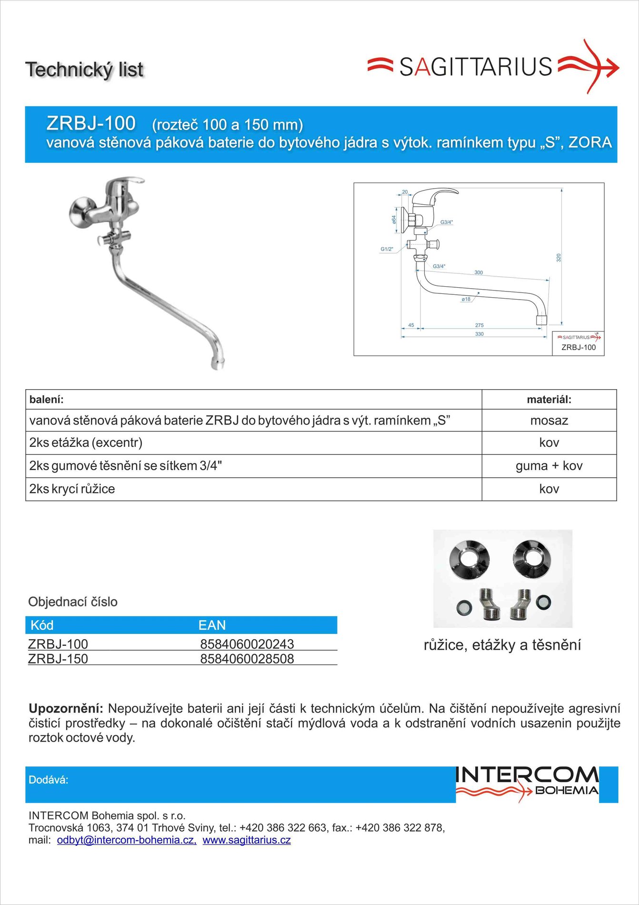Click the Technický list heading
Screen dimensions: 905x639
point(84,70)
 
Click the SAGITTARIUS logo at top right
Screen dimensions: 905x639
point(493,67)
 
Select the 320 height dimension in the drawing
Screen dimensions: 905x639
point(559,258)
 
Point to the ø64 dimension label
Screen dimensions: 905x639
point(394,220)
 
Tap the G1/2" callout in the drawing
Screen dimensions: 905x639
point(387,249)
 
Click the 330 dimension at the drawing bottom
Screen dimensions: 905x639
point(479,334)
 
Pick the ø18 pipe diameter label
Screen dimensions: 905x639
point(466,299)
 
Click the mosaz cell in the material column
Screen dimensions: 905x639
point(549,421)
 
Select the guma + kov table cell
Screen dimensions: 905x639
point(549,466)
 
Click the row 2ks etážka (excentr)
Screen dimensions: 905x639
point(86,443)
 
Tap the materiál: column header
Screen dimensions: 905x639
point(549,400)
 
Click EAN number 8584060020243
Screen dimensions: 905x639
point(247,644)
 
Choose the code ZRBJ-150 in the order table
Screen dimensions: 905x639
point(58,659)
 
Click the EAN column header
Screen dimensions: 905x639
point(212,625)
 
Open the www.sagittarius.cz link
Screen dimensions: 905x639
point(247,840)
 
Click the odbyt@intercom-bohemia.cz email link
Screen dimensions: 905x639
point(127,840)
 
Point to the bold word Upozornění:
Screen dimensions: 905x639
point(66,708)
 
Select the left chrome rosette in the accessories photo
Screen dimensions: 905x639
point(469,558)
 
